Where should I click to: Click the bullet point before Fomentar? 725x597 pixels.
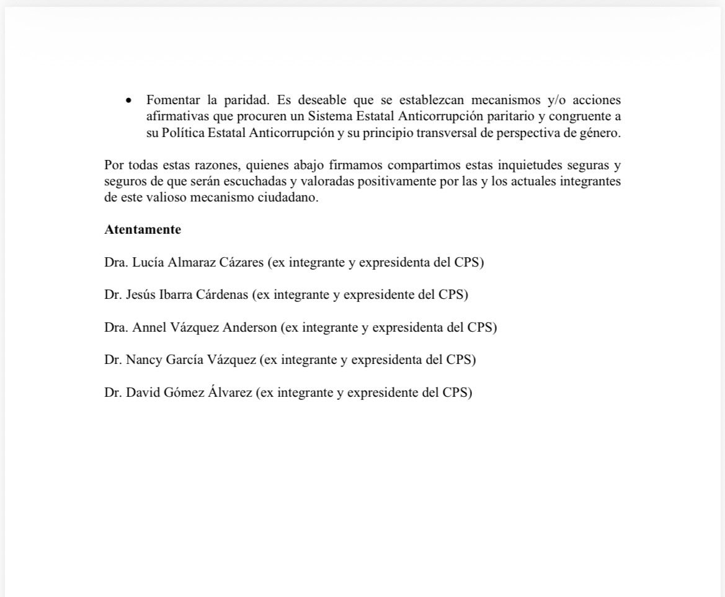pos(128,100)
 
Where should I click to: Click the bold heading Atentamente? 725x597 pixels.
pos(143,229)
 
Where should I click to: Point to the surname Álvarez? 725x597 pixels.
pos(229,392)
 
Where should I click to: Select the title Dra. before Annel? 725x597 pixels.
pos(117,327)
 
